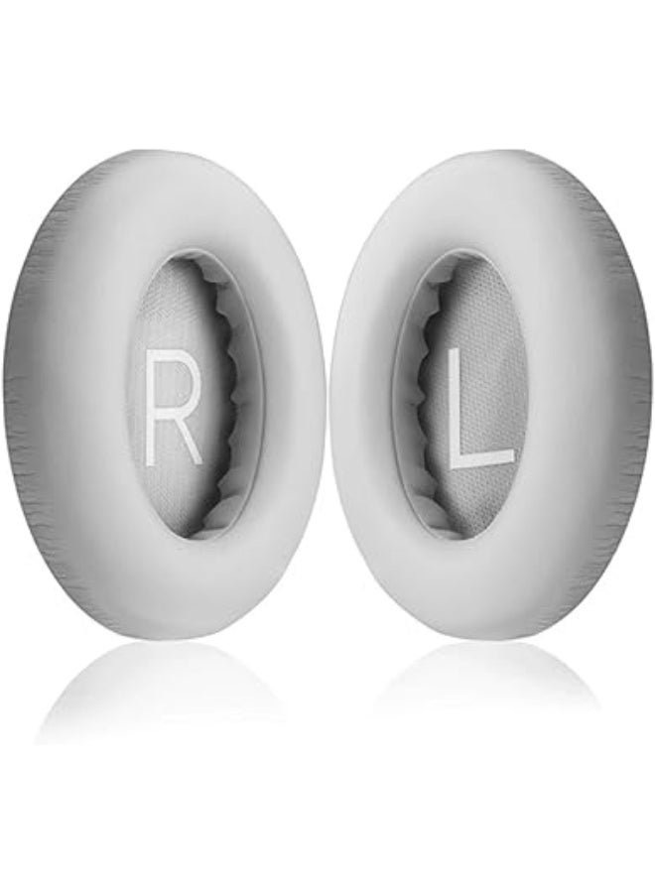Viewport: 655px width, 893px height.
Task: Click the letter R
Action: point(174,406)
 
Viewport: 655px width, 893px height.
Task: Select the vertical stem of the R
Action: point(152,407)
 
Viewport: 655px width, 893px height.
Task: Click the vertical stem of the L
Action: point(456,408)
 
